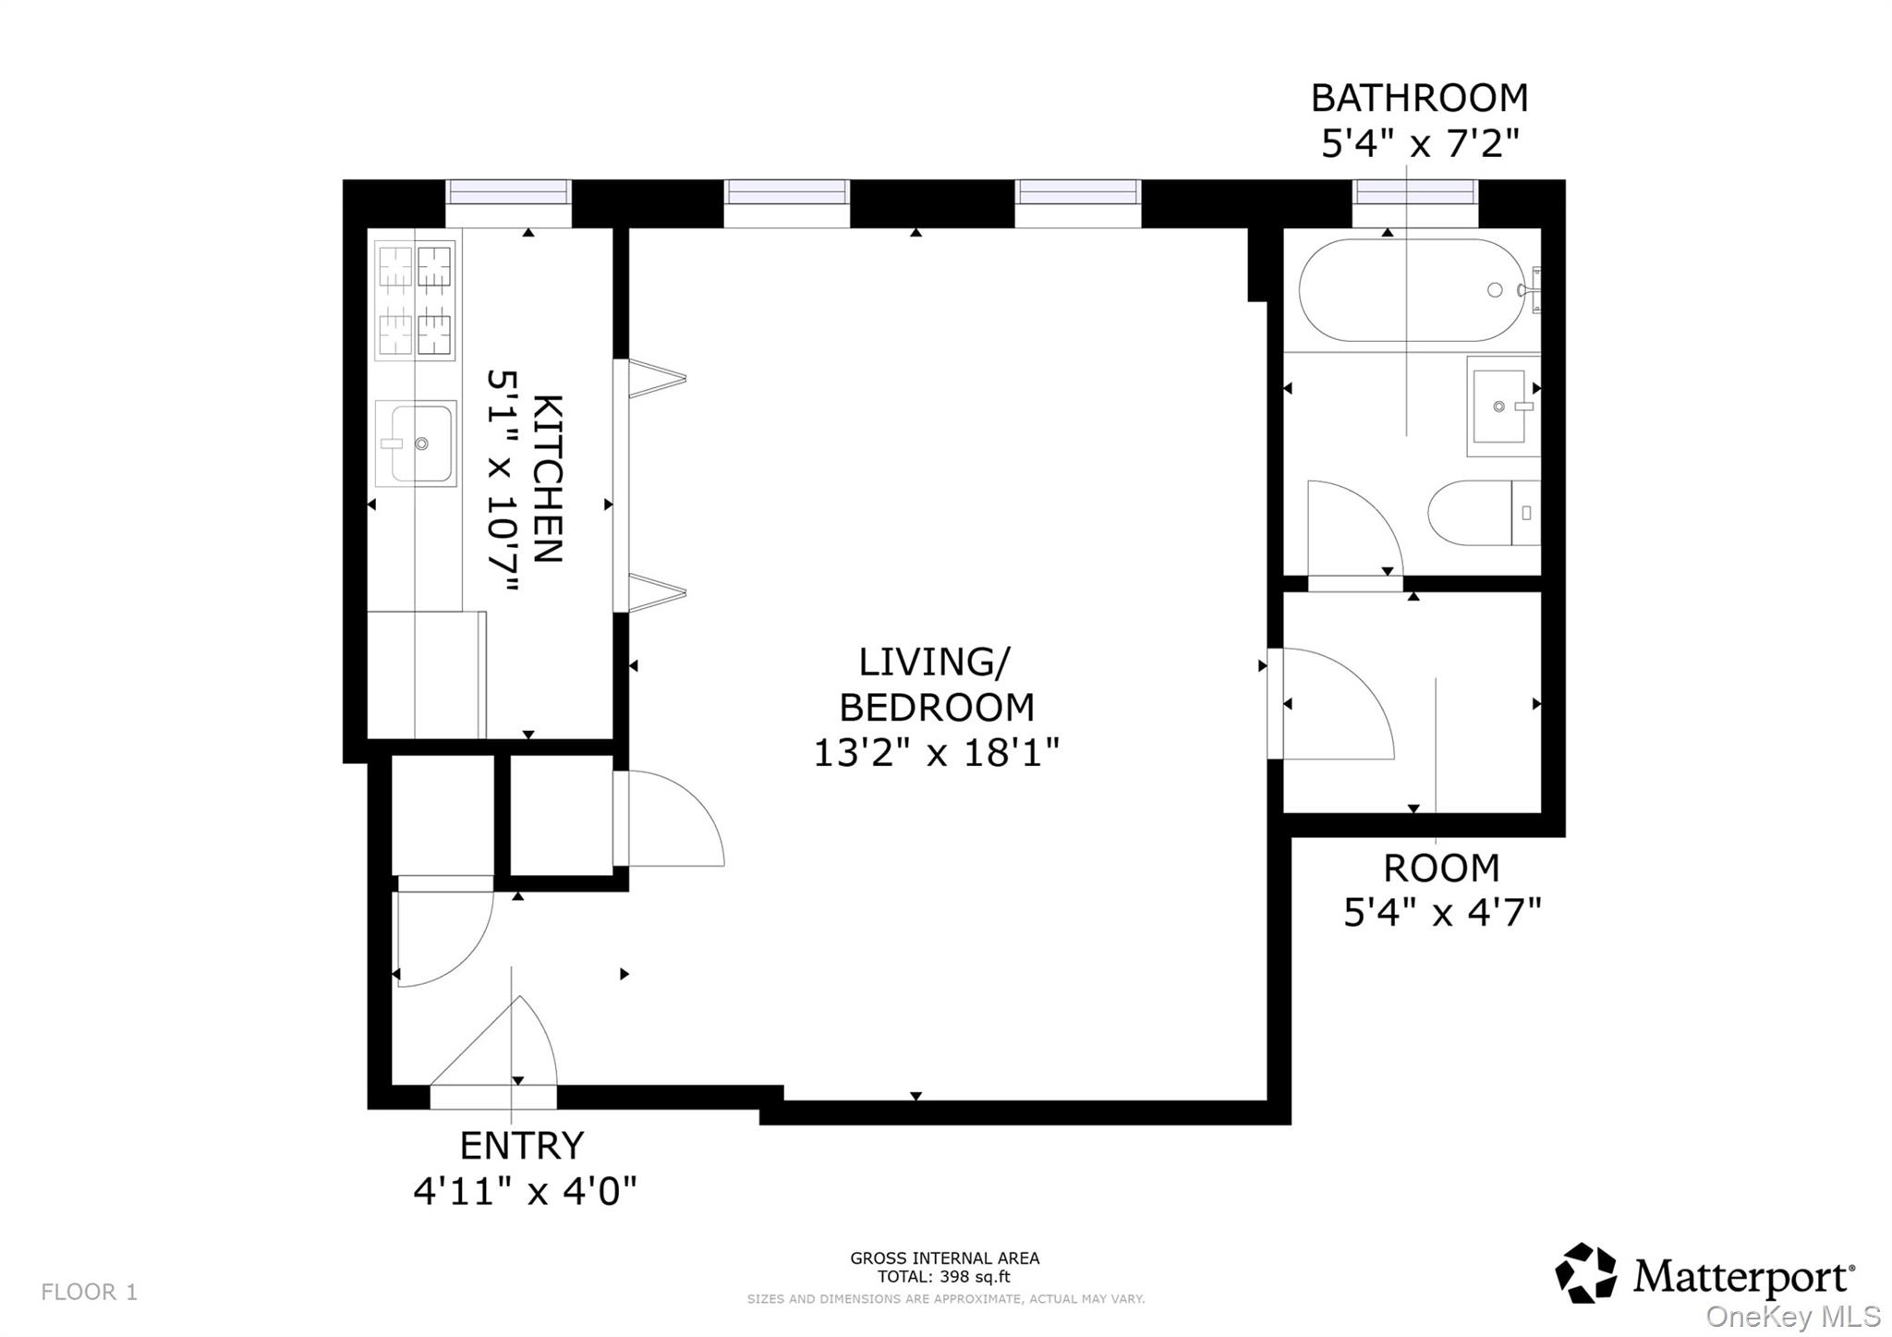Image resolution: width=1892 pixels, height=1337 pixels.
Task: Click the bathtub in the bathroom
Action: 1412,290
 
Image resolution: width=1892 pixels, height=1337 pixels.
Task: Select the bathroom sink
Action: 1501,407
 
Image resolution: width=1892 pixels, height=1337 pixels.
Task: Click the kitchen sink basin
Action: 416,444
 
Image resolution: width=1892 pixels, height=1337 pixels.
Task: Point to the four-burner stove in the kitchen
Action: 415,299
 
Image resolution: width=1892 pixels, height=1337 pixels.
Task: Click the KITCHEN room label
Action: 549,479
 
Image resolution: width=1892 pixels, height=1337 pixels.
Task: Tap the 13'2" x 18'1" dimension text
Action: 935,752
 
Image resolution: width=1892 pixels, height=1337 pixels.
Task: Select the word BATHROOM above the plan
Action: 1419,98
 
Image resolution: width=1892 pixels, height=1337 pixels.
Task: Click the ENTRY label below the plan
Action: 522,1146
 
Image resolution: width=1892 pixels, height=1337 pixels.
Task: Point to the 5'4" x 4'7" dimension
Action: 1441,913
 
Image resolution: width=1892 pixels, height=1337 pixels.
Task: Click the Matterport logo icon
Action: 1585,1273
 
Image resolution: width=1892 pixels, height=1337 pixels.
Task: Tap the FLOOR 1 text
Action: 90,1292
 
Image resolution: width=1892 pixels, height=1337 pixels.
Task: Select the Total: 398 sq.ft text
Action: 943,1278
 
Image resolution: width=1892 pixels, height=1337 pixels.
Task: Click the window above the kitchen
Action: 508,192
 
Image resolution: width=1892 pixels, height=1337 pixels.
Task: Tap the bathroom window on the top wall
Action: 1414,192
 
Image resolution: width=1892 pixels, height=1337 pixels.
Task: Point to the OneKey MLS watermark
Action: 1792,1317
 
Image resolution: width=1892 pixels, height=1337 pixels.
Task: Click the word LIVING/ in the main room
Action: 935,662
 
